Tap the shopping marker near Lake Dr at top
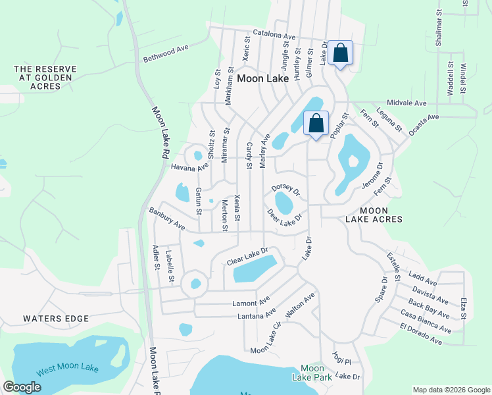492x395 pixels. (341, 53)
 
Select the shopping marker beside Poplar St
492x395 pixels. (316, 123)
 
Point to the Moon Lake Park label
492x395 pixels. (312, 372)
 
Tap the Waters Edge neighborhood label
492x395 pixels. (56, 319)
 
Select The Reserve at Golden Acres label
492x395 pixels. (45, 78)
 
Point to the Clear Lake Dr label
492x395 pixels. (248, 256)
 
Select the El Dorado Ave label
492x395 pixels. (421, 334)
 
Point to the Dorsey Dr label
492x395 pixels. (285, 189)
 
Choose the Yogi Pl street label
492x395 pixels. (342, 359)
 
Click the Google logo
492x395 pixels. (22, 387)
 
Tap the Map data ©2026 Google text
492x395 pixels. (451, 389)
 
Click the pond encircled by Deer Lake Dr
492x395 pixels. (284, 203)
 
